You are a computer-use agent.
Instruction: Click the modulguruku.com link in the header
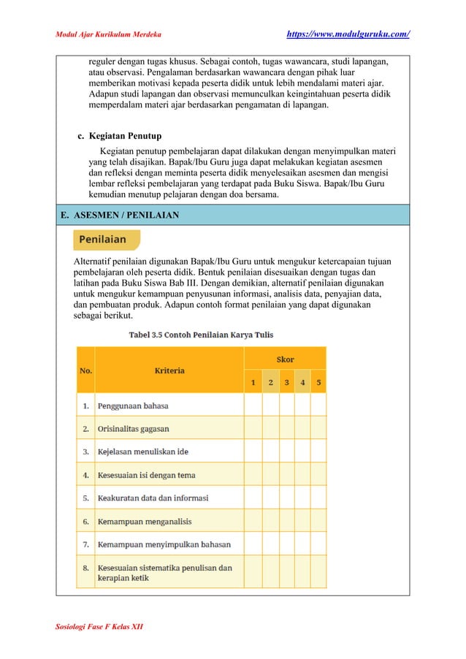click(347, 34)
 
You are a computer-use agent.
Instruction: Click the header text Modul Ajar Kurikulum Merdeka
click(109, 34)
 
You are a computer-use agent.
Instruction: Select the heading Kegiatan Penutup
click(125, 136)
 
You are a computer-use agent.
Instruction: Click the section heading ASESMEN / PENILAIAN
click(124, 215)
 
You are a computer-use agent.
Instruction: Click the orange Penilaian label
click(103, 240)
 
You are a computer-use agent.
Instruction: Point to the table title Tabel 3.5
click(201, 335)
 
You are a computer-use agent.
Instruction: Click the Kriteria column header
click(169, 370)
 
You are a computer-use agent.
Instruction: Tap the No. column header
click(85, 370)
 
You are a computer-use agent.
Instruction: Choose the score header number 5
click(318, 383)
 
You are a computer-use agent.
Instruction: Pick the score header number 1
click(253, 383)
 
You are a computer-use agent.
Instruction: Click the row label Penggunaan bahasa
click(133, 405)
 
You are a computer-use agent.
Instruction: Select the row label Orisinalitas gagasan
click(134, 428)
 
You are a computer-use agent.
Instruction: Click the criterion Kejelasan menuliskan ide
click(143, 452)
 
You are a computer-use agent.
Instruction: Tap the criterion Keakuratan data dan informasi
click(153, 498)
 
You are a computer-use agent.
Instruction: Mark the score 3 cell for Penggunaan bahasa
click(286, 405)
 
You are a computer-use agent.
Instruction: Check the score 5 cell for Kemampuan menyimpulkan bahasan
click(318, 544)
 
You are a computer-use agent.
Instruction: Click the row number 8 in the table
click(85, 568)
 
